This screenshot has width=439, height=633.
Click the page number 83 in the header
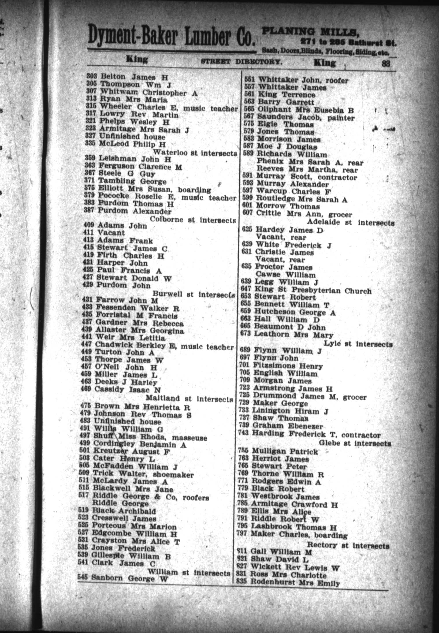[x=386, y=63]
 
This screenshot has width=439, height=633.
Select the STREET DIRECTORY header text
[x=241, y=62]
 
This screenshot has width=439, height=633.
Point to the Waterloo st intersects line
[x=195, y=152]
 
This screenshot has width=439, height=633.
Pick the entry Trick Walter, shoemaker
[x=143, y=474]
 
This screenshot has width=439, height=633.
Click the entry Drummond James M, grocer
[x=309, y=396]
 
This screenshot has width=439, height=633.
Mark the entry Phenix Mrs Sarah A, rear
[x=310, y=162]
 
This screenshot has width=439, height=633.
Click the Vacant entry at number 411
[x=111, y=233]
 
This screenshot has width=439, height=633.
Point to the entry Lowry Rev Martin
[x=139, y=115]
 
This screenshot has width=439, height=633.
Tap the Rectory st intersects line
[x=348, y=546]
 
